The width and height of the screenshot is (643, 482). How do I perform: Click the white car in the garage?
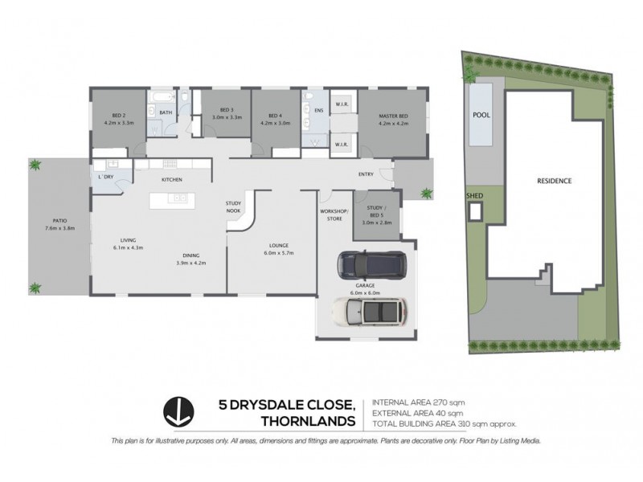point(370,310)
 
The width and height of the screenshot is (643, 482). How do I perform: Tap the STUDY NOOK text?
point(234,206)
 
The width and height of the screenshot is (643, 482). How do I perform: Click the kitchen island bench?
point(170,198)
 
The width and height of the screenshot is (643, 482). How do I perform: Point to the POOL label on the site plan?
point(481,115)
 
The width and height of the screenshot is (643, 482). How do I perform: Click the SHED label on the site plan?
point(475,194)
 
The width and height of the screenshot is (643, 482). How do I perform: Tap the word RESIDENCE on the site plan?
point(554,181)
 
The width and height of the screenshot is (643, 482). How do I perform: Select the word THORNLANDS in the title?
point(308,420)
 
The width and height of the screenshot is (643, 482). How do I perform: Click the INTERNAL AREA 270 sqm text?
point(417,402)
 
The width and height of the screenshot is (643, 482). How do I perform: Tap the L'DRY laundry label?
point(105,176)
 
